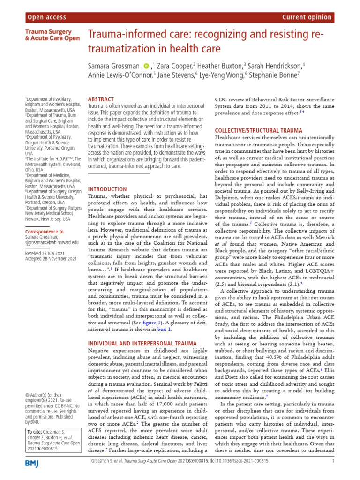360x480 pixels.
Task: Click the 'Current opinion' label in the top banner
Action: [307, 18]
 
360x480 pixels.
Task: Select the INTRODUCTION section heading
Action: [107, 189]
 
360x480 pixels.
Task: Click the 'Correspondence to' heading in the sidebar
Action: [44, 232]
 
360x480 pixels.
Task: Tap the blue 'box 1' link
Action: [163, 330]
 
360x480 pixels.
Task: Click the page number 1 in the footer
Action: [332, 461]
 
